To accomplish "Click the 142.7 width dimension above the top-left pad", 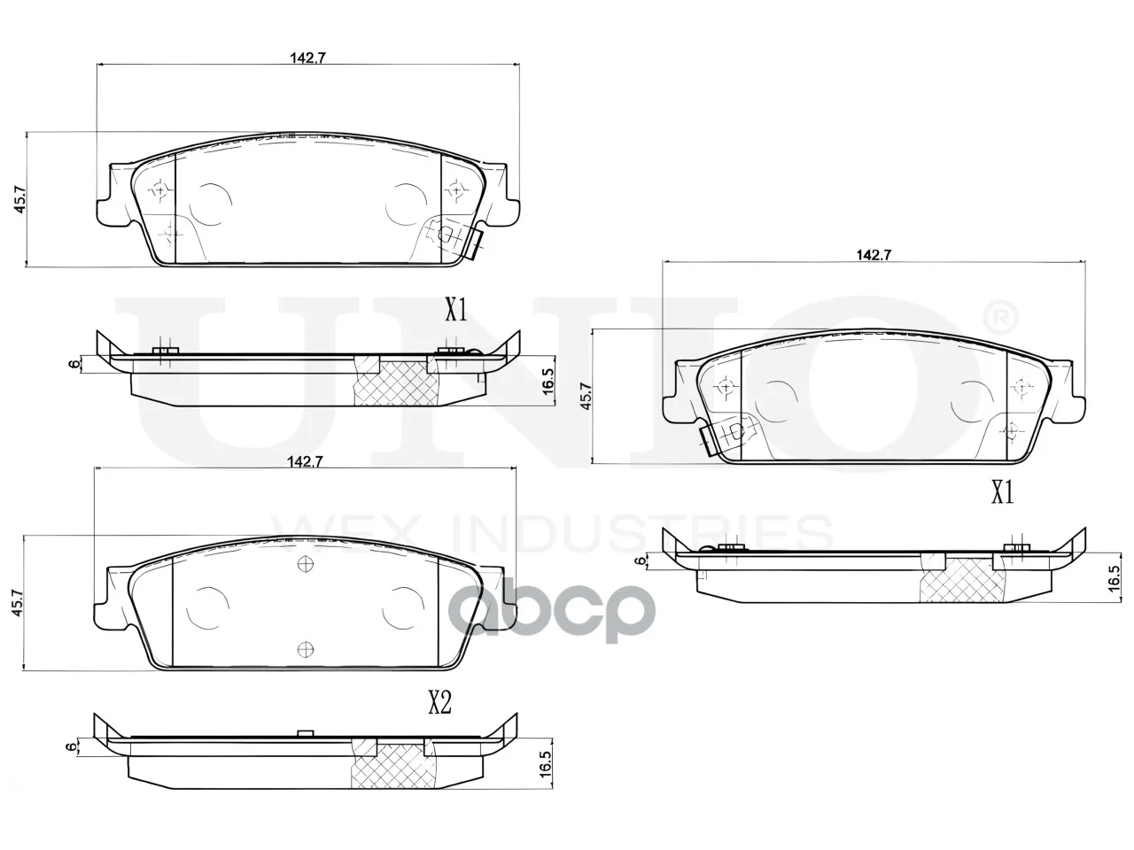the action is tap(307, 58).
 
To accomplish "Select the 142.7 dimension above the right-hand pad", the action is tap(874, 254).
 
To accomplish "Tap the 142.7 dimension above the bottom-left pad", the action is tap(306, 462).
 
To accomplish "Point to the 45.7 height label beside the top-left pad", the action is tap(20, 200).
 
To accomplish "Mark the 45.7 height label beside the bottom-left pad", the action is tap(18, 603).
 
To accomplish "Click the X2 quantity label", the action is tap(440, 703).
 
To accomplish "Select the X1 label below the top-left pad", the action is tap(456, 311).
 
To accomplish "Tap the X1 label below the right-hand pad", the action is tap(1003, 493).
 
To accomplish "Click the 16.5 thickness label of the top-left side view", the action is tap(548, 382).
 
